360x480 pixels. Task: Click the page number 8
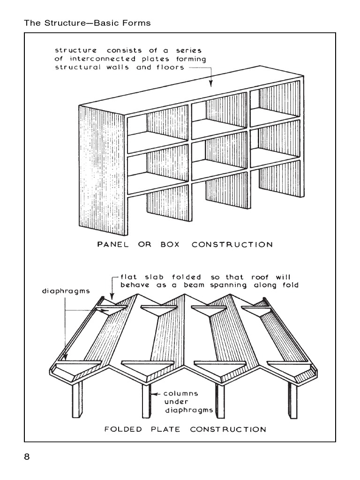(27, 457)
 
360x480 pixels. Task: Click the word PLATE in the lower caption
(166, 429)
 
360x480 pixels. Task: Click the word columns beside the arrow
(181, 393)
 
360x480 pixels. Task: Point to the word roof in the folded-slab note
(247, 276)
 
